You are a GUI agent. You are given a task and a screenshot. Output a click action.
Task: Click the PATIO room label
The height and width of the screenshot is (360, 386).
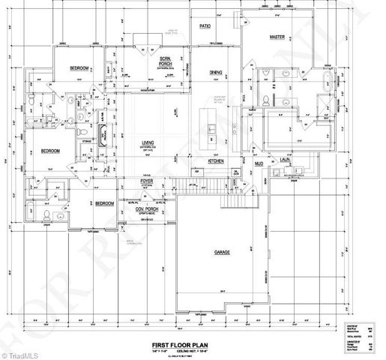(205, 25)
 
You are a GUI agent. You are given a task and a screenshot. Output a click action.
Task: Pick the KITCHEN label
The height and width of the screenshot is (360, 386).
(217, 160)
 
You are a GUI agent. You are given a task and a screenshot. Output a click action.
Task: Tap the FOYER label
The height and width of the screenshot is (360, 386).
(147, 180)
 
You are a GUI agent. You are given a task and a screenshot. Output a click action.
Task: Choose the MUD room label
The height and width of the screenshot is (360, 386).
(259, 163)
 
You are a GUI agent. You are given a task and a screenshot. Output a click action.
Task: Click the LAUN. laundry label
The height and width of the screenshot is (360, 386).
(286, 160)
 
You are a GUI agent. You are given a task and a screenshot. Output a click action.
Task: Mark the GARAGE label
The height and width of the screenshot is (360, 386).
(221, 252)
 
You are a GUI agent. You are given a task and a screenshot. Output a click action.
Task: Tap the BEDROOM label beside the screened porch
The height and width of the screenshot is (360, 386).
(79, 68)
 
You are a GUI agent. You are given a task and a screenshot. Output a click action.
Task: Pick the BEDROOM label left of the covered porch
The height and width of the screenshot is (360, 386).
(104, 203)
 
